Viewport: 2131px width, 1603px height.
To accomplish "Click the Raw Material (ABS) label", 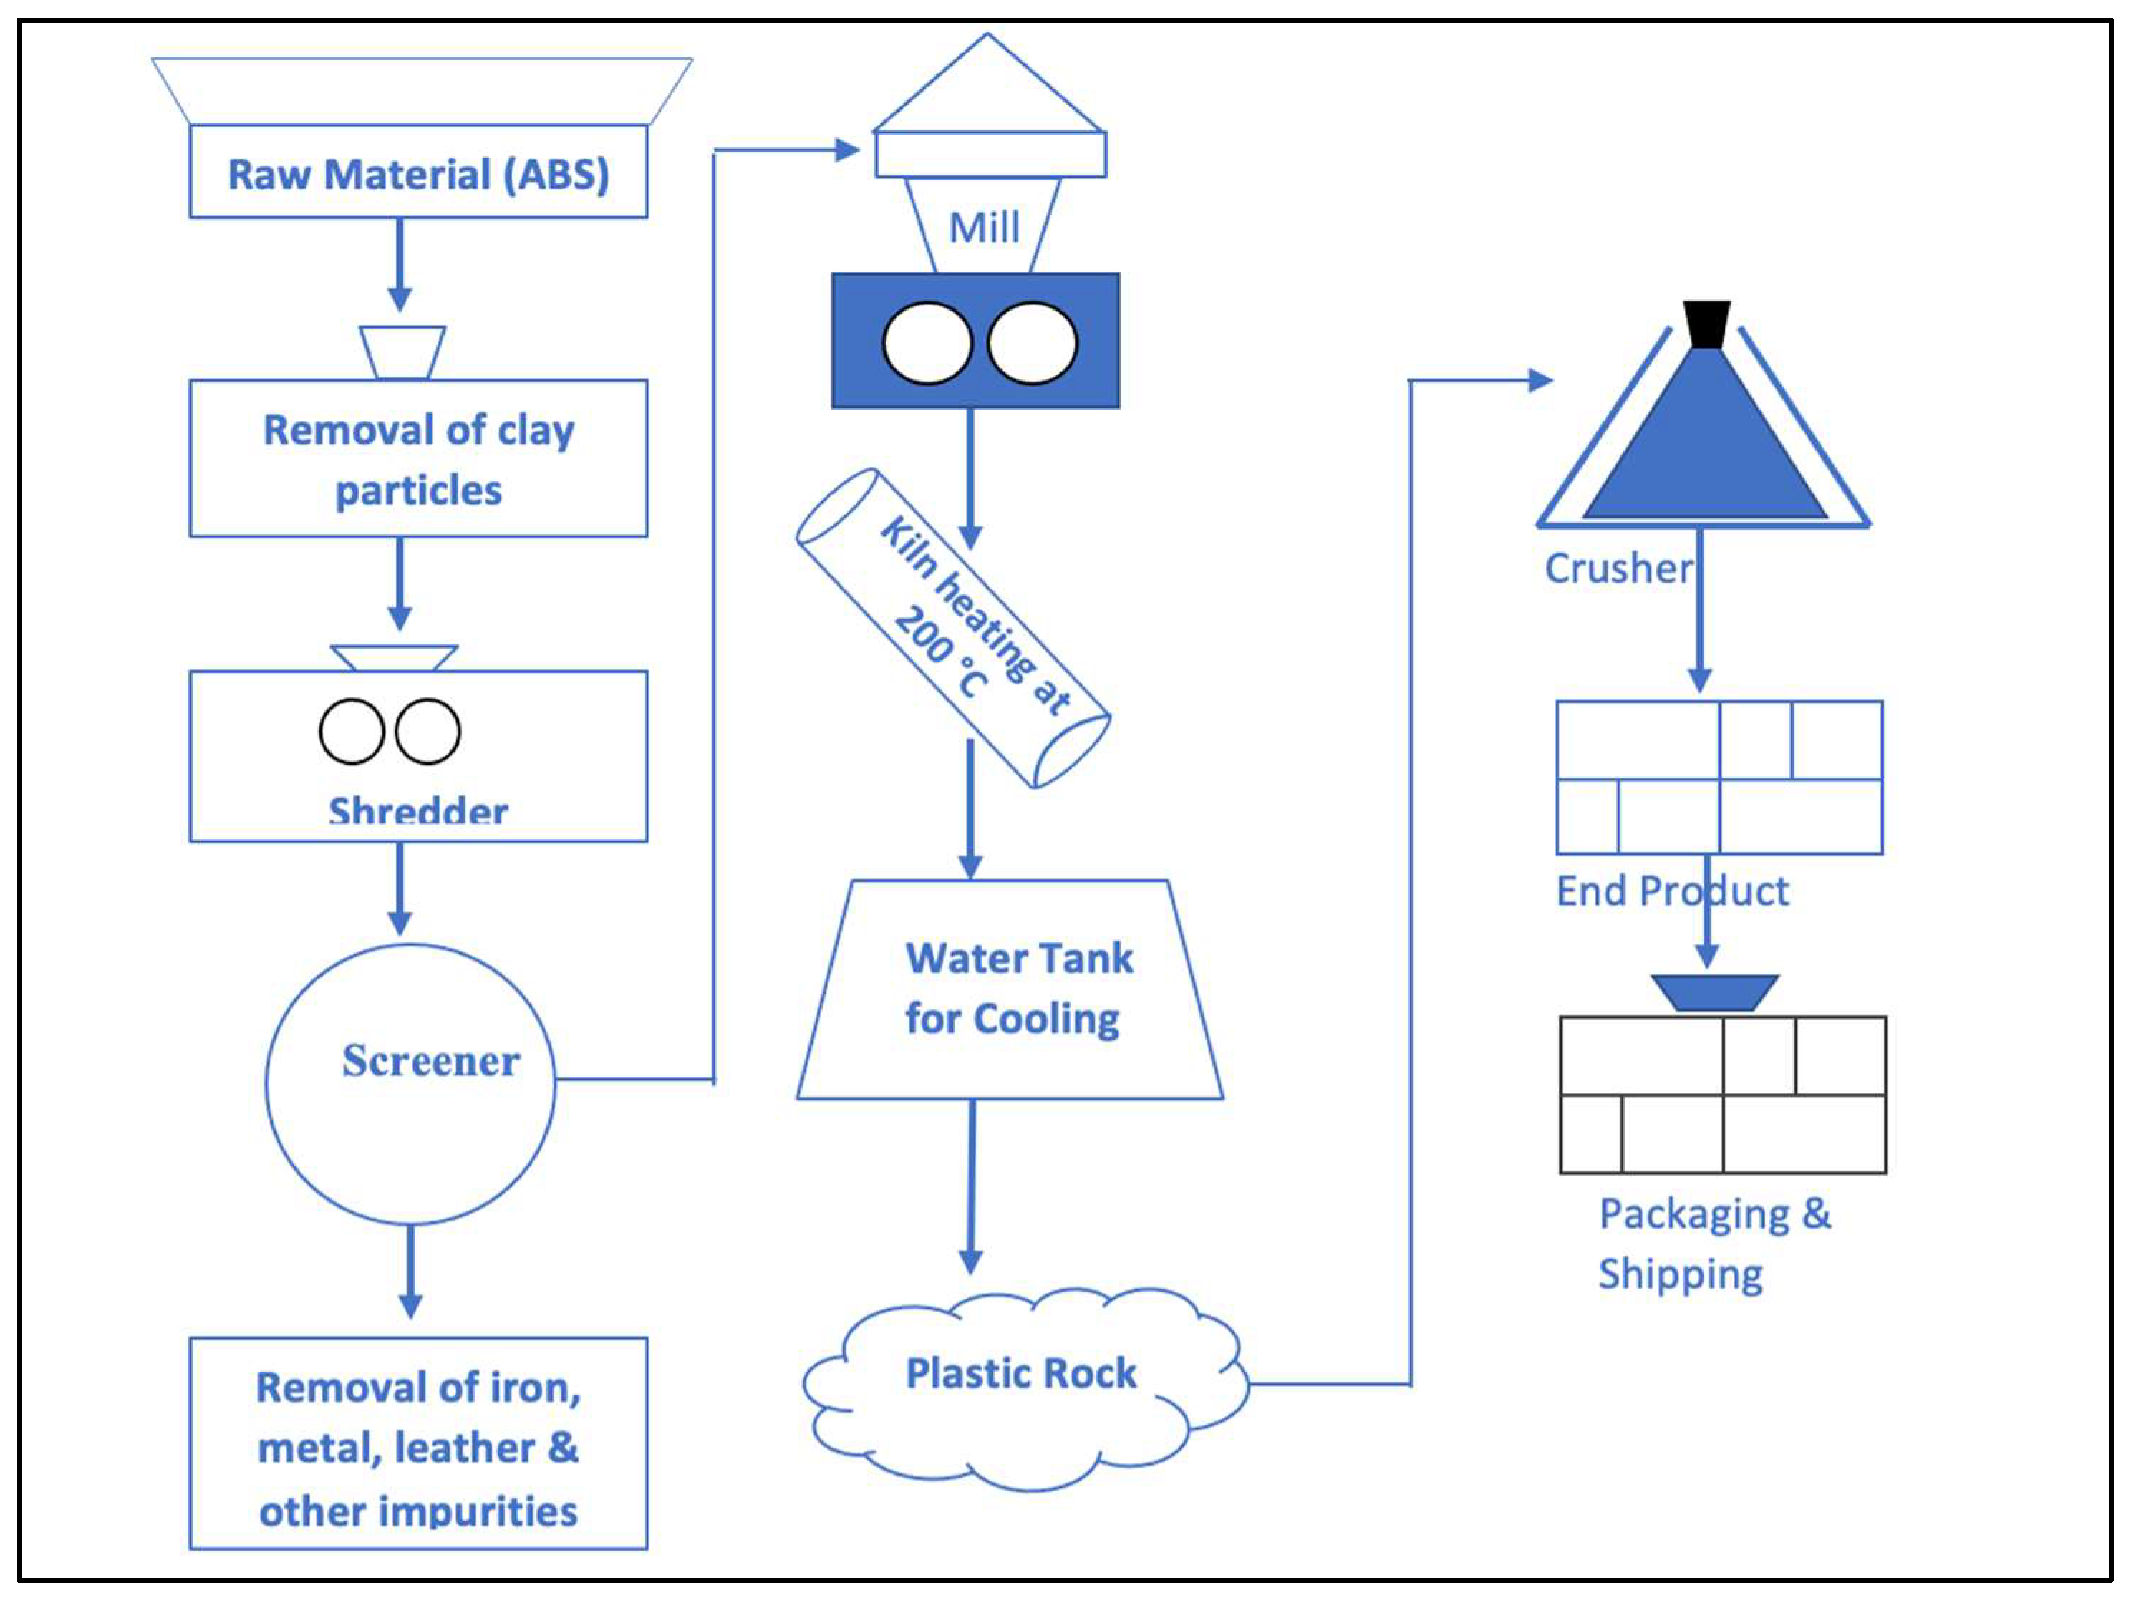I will [418, 175].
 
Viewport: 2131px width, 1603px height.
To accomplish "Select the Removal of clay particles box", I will [418, 458].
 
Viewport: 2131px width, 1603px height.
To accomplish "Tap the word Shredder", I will [418, 811].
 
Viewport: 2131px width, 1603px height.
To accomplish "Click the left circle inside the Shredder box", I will [352, 731].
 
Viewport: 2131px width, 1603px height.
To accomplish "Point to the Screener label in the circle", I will [430, 1060].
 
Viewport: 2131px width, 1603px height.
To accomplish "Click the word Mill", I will [984, 228].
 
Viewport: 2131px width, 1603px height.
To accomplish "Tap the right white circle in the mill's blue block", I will [1032, 343].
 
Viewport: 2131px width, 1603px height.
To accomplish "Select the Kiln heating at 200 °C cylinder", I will [953, 628].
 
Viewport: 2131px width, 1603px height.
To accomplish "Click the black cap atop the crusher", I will [1706, 324].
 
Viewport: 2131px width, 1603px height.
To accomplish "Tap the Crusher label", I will [1618, 568].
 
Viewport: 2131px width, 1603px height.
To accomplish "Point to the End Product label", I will [1673, 891].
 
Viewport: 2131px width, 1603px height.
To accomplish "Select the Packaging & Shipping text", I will [1714, 1244].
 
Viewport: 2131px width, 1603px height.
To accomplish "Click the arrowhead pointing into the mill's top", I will [847, 150].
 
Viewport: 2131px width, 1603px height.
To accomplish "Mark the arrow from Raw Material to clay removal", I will [400, 264].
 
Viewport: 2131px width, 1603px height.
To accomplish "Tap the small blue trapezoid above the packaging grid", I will [1715, 992].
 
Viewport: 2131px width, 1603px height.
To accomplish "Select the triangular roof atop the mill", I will [987, 89].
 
